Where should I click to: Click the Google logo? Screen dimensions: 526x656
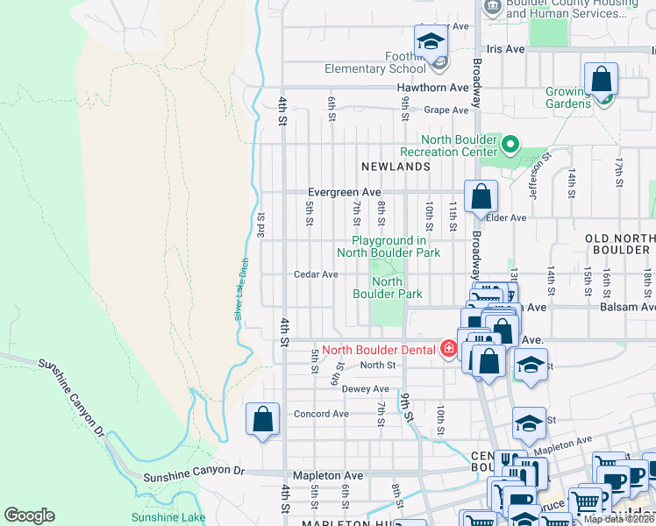click(x=30, y=515)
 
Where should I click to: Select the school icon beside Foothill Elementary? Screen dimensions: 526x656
click(x=431, y=42)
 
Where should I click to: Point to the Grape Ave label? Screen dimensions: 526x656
click(x=446, y=110)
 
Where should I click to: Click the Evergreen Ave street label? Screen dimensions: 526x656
click(x=344, y=192)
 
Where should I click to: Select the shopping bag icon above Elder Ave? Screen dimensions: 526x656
click(x=481, y=197)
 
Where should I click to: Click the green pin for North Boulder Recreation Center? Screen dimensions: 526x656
click(x=510, y=143)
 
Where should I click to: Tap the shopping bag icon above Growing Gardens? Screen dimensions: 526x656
click(x=602, y=80)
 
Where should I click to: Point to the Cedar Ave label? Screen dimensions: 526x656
click(x=316, y=274)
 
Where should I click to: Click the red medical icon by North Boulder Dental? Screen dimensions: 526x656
click(x=449, y=350)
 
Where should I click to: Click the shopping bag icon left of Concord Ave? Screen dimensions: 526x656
click(x=262, y=420)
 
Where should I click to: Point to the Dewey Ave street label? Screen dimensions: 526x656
click(x=365, y=389)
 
